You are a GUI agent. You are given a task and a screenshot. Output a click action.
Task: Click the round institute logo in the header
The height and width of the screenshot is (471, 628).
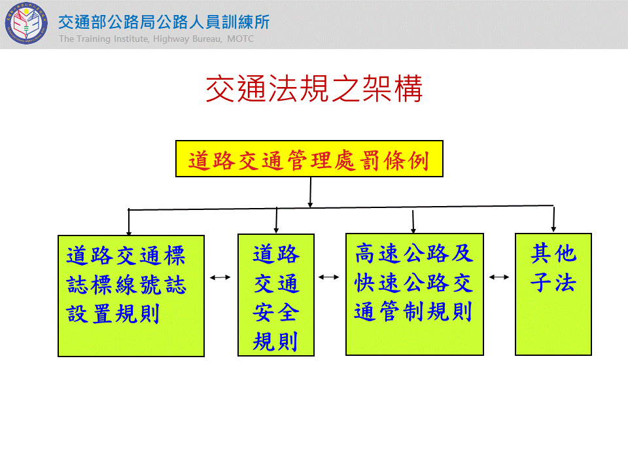click(26, 24)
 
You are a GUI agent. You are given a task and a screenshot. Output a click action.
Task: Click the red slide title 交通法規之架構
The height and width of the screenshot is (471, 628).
click(314, 89)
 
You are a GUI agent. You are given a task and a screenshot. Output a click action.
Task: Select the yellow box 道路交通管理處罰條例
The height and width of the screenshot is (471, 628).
click(309, 158)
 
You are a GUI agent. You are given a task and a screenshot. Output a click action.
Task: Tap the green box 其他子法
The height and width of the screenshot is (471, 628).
click(553, 294)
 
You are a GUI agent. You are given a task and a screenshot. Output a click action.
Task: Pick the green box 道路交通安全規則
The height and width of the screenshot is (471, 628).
click(276, 295)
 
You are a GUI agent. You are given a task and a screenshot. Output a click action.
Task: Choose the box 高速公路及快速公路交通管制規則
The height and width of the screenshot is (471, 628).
click(415, 294)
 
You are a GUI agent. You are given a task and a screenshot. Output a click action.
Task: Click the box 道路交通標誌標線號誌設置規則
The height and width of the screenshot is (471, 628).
click(131, 296)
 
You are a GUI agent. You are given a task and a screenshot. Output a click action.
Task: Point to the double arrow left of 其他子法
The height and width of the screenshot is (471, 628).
click(499, 277)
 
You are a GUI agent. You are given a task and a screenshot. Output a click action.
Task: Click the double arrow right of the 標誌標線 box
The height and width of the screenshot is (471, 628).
click(220, 277)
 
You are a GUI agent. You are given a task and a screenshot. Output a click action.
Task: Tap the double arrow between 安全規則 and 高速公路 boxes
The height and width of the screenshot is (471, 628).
click(329, 277)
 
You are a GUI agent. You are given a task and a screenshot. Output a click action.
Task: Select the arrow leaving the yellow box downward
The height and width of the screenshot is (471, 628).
click(310, 192)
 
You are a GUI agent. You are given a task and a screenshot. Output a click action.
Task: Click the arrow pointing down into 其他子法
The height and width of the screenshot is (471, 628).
click(553, 218)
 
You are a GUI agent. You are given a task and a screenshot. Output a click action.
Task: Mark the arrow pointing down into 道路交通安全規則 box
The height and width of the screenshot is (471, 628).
click(276, 220)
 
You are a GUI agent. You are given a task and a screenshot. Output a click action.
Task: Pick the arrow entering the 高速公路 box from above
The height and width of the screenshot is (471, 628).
click(413, 220)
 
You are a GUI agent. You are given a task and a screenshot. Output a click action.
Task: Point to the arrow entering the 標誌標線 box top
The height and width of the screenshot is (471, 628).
click(129, 222)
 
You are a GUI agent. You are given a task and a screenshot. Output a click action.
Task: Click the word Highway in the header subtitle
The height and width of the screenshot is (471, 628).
click(171, 39)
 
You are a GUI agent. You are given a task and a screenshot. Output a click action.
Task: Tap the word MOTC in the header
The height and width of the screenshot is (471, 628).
click(240, 39)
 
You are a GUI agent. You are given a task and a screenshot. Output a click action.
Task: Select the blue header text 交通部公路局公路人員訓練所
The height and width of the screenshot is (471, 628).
click(164, 22)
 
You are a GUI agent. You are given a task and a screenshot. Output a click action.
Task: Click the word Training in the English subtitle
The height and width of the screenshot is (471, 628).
click(94, 39)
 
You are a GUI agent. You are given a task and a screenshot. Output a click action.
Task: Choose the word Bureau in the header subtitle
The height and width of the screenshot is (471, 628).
click(207, 39)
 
